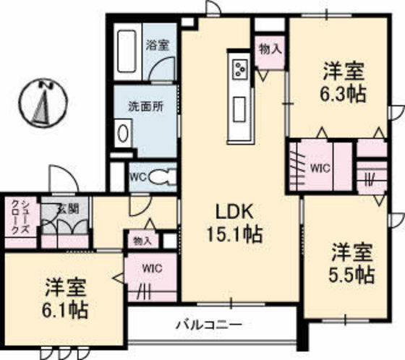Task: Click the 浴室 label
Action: pos(158,45)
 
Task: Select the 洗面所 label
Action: pos(145,106)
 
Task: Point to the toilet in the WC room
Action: pos(164,176)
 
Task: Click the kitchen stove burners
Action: pos(239,68)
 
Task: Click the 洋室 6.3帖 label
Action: pos(341,82)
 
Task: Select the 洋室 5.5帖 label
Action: pos(352,263)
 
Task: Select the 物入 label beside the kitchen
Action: pos(270,49)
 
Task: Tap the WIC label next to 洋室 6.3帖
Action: pos(320,167)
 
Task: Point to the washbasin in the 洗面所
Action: pos(124,134)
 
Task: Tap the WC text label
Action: pos(138,176)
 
